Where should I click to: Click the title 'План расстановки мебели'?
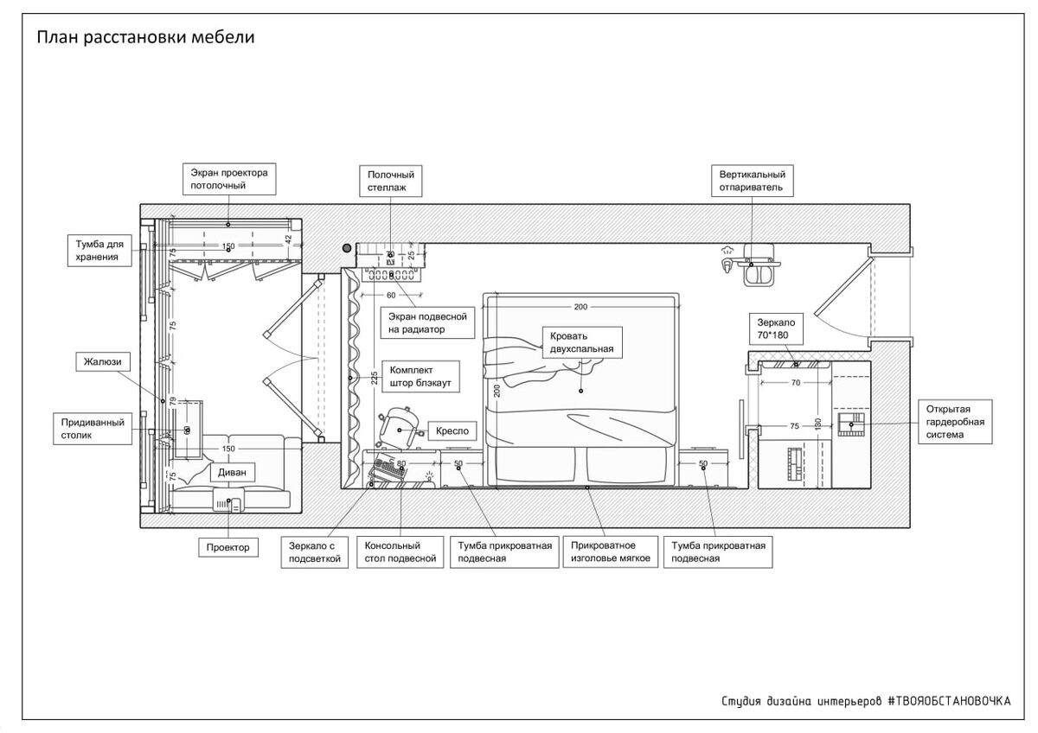[145, 37]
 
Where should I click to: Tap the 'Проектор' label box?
[228, 547]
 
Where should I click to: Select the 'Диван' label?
[232, 472]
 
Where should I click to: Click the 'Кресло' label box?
[452, 431]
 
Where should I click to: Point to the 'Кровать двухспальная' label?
[581, 342]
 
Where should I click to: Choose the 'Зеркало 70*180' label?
[776, 328]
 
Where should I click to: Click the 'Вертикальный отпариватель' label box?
[752, 181]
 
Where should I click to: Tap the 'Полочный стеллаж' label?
[391, 181]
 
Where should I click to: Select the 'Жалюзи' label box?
[102, 361]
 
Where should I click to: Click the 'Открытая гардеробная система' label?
[955, 422]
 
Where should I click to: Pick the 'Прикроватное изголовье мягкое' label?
[611, 552]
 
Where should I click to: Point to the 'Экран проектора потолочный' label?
[229, 179]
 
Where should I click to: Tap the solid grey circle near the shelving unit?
[347, 248]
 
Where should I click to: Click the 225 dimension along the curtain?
[374, 379]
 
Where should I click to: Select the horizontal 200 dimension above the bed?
[580, 307]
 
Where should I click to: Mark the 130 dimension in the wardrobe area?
[817, 424]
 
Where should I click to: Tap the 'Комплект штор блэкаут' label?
[420, 377]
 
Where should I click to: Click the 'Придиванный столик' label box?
[93, 429]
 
